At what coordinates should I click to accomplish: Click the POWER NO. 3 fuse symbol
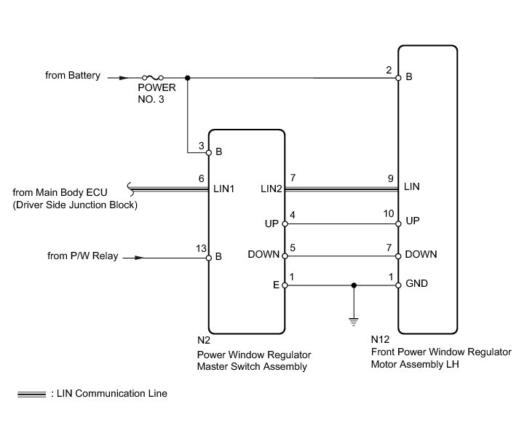[153, 76]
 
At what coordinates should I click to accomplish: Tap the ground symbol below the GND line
[354, 319]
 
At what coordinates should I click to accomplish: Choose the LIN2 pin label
[271, 189]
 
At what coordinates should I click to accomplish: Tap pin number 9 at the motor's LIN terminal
[391, 178]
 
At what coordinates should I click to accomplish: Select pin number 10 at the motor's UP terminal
[389, 214]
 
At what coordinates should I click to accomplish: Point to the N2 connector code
[203, 340]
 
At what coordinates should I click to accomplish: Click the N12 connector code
[379, 340]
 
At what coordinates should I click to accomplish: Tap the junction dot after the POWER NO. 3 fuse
[188, 77]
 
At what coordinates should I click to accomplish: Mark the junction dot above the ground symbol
[354, 285]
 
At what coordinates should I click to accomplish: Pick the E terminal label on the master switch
[277, 286]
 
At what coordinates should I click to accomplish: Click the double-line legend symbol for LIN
[31, 394]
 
